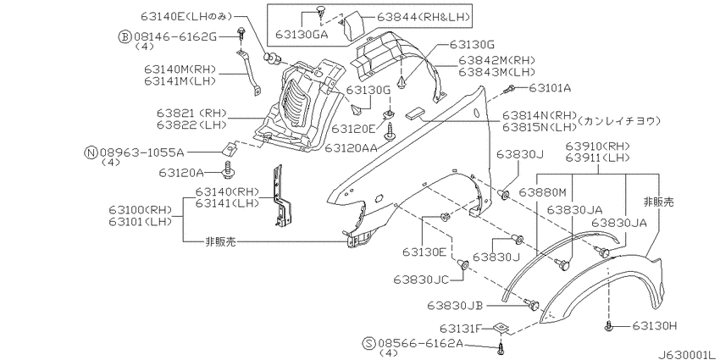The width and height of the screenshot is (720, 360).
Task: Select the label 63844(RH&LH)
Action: point(424,18)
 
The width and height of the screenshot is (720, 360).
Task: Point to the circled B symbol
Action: point(125,36)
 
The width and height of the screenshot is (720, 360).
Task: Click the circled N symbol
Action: point(91,152)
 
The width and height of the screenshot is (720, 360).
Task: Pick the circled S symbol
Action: point(368,343)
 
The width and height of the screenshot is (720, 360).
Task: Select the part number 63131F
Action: point(461,329)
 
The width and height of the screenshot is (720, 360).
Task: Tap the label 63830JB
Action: point(456,305)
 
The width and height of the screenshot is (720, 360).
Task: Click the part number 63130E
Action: point(424,252)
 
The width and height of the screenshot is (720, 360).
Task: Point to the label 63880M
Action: point(542,191)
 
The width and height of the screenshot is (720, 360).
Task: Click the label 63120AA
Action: point(352,147)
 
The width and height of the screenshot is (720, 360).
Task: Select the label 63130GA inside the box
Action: point(302,35)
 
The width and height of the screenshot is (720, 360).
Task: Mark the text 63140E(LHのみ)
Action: point(187,18)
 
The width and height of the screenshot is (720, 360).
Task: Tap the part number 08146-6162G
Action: point(174,36)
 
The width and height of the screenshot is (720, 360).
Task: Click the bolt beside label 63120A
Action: point(228,170)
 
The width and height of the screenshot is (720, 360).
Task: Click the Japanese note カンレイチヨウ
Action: point(619,121)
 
